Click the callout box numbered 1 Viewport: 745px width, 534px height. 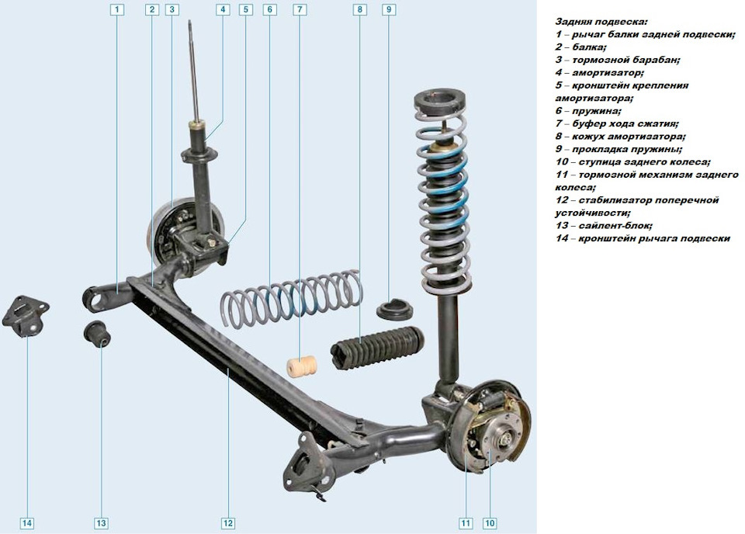tap(117, 9)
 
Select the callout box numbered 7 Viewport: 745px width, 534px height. tap(300, 9)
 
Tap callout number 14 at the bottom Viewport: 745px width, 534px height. tap(27, 523)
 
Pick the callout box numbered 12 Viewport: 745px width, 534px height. tap(228, 523)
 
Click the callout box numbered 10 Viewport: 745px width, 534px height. tap(490, 523)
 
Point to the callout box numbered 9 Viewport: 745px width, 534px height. tap(389, 9)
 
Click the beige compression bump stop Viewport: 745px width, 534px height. tap(302, 366)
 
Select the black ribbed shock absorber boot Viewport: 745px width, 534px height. tap(377, 348)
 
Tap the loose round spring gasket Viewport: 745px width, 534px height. tap(395, 310)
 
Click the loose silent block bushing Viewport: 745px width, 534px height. tap(97, 334)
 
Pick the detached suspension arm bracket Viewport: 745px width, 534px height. tap(26, 317)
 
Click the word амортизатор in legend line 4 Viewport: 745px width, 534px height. tap(608, 73)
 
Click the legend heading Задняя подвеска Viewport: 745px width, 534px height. tap(601, 22)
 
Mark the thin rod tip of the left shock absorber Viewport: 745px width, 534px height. tap(190, 23)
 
